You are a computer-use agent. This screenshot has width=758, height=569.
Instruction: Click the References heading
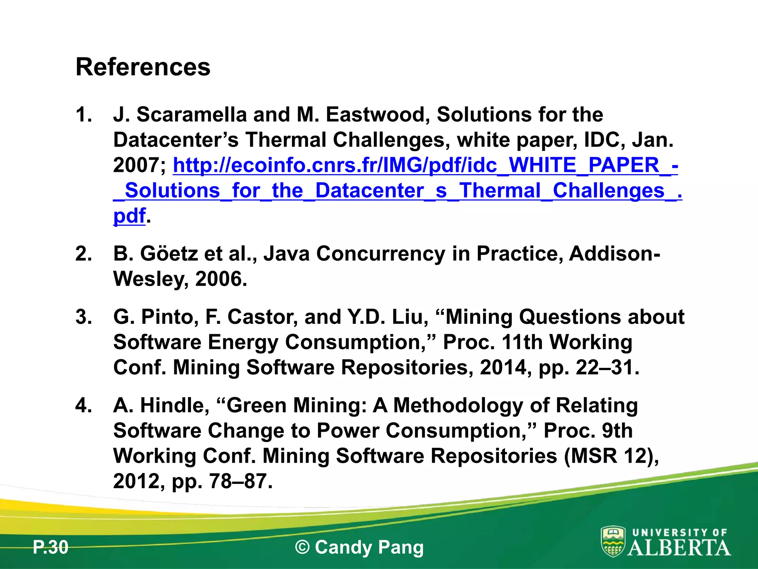coord(143,67)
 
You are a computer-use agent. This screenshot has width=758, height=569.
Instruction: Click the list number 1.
coord(83,114)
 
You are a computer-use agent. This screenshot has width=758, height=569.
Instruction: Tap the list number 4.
coord(83,405)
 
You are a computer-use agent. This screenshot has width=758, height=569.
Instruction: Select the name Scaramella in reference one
coord(191,114)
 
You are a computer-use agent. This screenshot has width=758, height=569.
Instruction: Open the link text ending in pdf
coord(129,216)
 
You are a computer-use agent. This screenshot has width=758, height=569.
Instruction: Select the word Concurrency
coord(380,254)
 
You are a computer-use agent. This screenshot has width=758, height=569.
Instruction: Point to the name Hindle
coord(174,405)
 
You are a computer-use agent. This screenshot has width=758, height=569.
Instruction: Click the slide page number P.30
coord(51,548)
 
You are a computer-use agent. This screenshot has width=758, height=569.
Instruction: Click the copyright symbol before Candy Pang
coord(302,548)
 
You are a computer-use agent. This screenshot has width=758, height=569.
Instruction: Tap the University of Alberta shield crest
coord(613,542)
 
